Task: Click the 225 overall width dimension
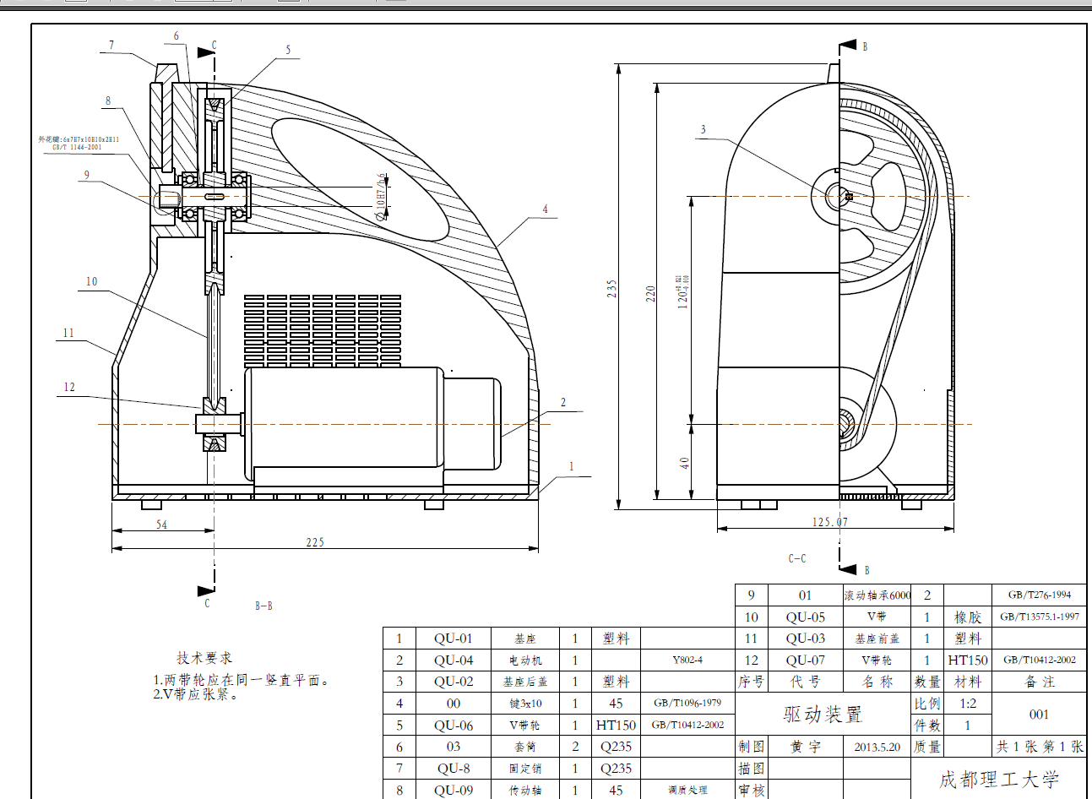[315, 542]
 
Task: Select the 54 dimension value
[161, 525]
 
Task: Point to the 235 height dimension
[611, 288]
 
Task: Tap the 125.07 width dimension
[830, 522]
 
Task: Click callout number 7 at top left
[111, 46]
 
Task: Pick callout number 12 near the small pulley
[69, 388]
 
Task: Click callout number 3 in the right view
[703, 129]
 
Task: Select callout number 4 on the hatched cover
[546, 209]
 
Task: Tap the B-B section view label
[263, 606]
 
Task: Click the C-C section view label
[797, 558]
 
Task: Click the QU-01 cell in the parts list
[454, 639]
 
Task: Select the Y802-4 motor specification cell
[687, 660]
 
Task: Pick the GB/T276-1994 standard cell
[1040, 595]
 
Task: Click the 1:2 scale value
[967, 704]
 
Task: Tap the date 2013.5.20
[877, 747]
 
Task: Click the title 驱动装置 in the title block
[823, 715]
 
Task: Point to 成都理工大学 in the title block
[999, 780]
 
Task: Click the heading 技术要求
[204, 658]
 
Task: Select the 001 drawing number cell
[1039, 715]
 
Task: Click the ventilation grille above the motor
[323, 330]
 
